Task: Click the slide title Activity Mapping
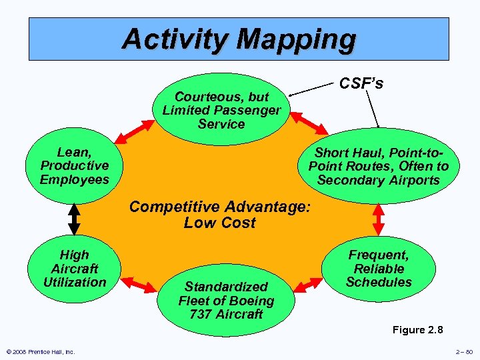click(x=239, y=39)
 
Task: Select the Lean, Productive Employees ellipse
click(x=75, y=166)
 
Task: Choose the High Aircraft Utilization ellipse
click(x=74, y=268)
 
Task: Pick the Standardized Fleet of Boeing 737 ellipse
click(x=226, y=300)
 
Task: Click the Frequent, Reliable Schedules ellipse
click(x=379, y=268)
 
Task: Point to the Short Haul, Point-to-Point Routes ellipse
click(x=379, y=166)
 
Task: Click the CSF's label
click(x=361, y=84)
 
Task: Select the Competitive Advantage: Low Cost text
click(x=220, y=215)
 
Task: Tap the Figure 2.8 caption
click(x=418, y=329)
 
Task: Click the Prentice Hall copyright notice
click(x=40, y=352)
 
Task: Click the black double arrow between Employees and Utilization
click(x=74, y=217)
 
